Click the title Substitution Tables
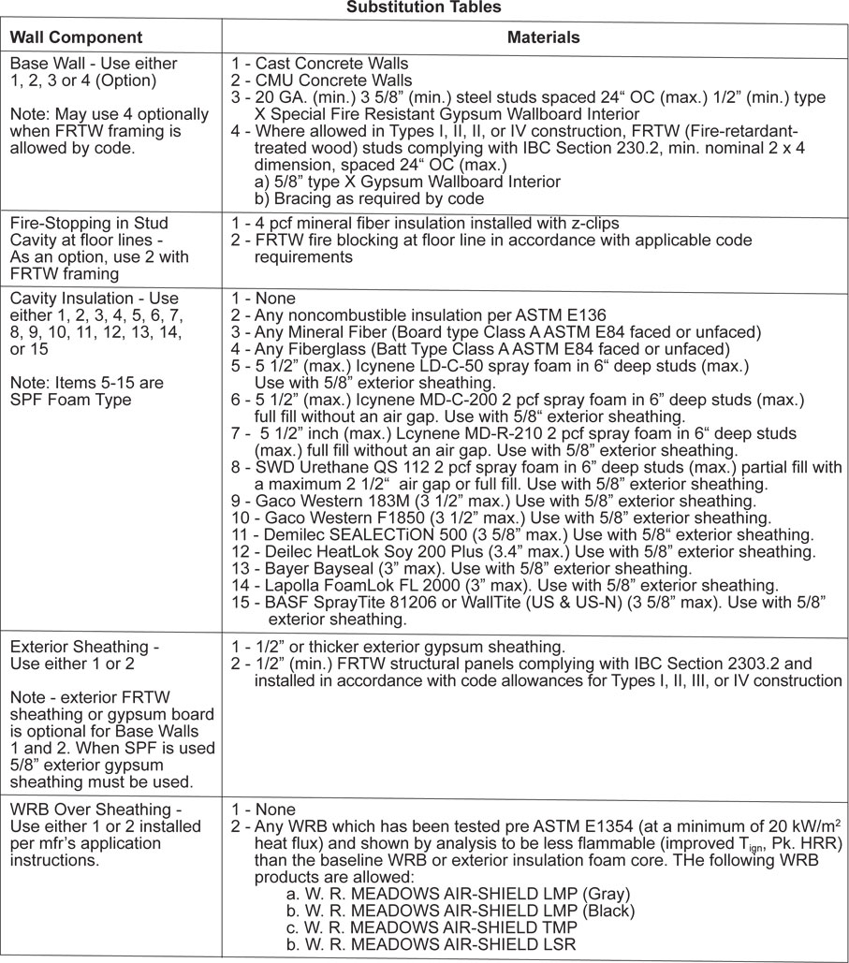point(424,7)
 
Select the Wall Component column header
point(76,38)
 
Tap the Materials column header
point(543,38)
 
